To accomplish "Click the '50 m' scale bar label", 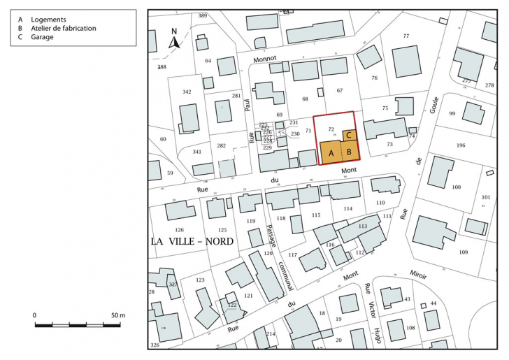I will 117,316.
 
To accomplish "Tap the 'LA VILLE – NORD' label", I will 192,241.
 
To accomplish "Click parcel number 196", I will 460,145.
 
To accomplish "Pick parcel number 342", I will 187,92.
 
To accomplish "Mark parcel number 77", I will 406,36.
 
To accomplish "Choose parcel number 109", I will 463,252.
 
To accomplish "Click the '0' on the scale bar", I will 35,316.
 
